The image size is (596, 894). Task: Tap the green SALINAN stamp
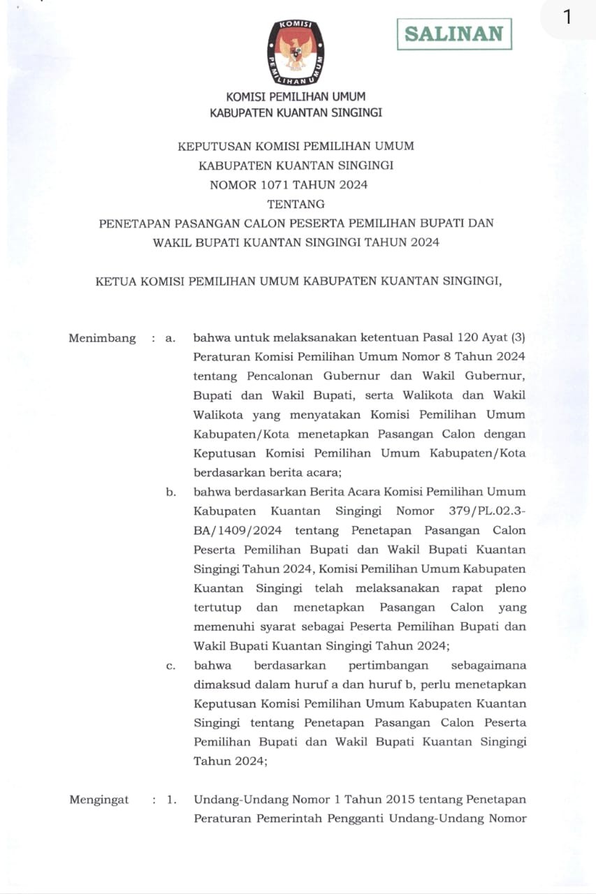coord(454,34)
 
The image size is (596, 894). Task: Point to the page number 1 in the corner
coord(567,17)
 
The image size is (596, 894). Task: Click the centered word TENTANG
coord(296,205)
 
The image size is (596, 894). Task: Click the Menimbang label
coord(102,339)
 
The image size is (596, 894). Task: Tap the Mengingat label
coord(99,800)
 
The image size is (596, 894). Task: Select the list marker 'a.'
coord(170,339)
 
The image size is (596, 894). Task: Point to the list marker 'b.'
coord(170,492)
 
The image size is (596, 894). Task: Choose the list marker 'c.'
coord(170,666)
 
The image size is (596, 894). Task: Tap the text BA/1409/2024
coord(238,531)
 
